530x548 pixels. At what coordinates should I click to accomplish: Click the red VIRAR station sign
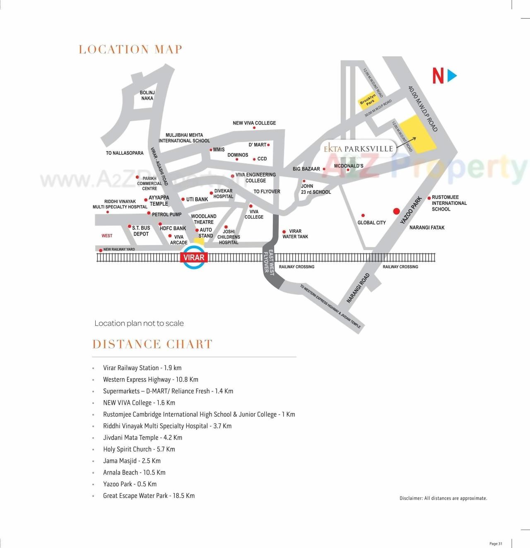tap(194, 257)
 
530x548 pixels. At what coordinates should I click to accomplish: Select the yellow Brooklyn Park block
tap(368, 100)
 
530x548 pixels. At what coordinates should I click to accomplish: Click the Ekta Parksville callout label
tap(358, 149)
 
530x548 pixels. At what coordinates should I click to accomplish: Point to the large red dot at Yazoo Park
tap(396, 212)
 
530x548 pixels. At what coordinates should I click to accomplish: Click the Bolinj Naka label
tap(147, 96)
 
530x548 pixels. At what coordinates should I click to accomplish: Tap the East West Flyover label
tap(269, 261)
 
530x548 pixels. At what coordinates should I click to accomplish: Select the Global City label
tap(371, 223)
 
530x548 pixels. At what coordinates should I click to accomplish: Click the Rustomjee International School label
tap(449, 203)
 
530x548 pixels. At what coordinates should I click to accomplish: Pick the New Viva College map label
tap(254, 123)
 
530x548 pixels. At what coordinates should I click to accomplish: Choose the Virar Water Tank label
tap(295, 234)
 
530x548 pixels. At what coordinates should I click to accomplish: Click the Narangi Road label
tap(358, 288)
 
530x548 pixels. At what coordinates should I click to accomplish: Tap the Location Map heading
tap(130, 50)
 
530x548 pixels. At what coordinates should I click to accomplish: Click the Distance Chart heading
tap(152, 344)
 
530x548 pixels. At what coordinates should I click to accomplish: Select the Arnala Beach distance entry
tap(134, 472)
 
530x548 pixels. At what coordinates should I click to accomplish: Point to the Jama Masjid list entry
tap(132, 461)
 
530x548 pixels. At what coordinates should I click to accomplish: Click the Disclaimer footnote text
tap(443, 498)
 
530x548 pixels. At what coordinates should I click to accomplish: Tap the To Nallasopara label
tap(125, 153)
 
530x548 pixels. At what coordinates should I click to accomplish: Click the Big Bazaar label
tap(306, 169)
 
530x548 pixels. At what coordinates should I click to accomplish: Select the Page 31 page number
tap(496, 543)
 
